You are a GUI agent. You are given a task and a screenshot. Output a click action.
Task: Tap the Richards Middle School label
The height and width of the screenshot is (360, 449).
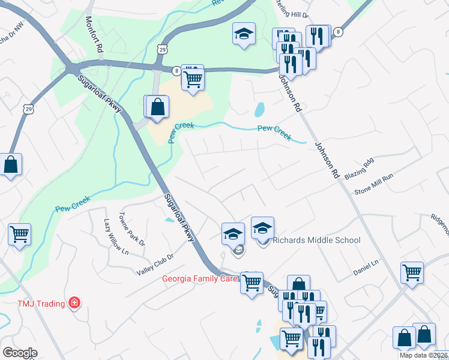pos(316,241)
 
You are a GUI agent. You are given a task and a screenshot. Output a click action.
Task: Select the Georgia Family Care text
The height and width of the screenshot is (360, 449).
pos(200,279)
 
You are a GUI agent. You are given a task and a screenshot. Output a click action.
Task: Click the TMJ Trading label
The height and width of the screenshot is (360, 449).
pos(40,304)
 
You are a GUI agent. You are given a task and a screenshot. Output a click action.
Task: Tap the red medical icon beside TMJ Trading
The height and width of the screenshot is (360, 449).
pos(74,302)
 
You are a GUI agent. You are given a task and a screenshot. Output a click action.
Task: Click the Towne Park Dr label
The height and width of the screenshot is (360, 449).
pos(131,230)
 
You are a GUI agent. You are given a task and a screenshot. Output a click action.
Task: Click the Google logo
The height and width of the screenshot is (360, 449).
pos(20,353)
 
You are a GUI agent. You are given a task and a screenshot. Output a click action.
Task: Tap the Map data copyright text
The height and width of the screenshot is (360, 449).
pos(423,355)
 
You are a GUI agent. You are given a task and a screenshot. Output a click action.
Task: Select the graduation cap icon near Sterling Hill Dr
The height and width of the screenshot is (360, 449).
pos(244,34)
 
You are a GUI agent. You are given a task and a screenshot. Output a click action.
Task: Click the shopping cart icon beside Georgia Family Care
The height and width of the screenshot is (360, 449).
pos(252,282)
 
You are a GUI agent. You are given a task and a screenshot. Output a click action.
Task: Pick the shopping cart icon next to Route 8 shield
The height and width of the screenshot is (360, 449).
pos(193,78)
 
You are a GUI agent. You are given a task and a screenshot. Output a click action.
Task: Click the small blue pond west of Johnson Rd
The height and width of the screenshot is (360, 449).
pos(260,110)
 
